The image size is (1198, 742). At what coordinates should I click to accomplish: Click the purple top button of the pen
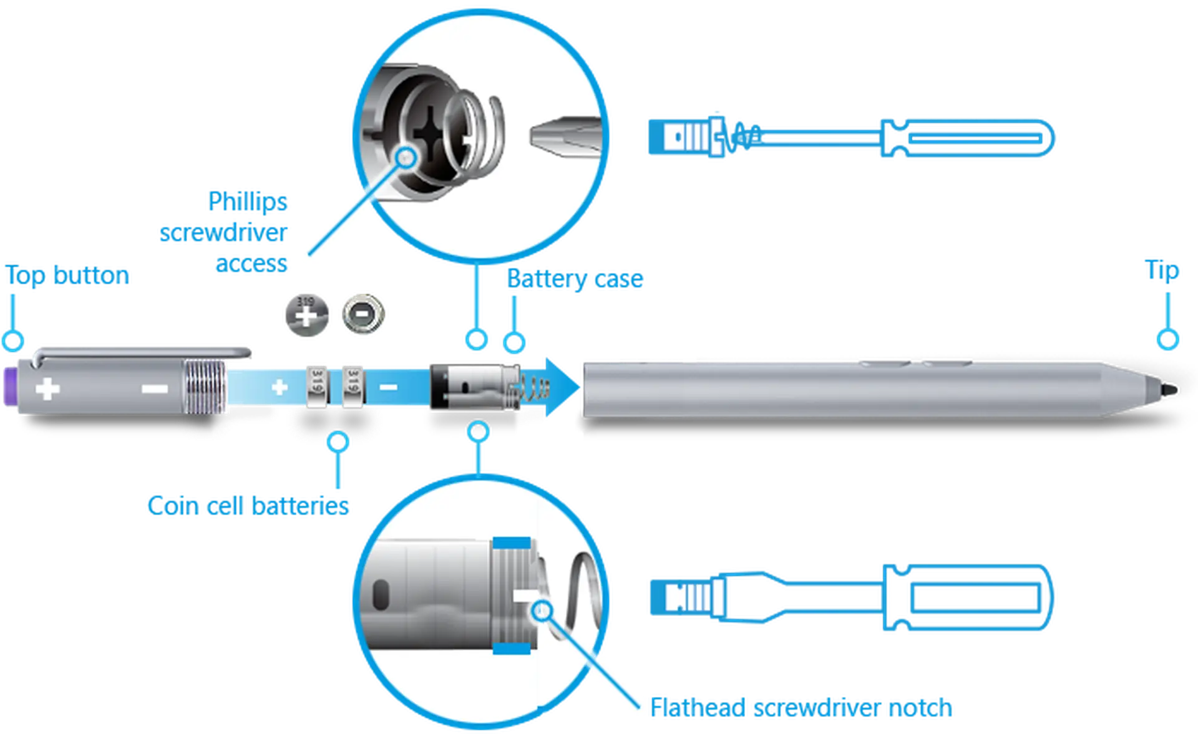coord(10,390)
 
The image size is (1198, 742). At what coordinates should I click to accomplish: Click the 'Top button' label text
coord(67,276)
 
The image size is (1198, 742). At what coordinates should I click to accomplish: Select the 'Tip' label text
coord(1162,271)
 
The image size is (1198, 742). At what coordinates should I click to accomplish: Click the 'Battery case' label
coord(575,280)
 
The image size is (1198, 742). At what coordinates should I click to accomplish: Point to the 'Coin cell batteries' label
coord(248,505)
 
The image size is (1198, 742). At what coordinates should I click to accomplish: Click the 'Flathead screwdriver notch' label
coord(802,708)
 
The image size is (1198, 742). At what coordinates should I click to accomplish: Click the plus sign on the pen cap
coord(47,390)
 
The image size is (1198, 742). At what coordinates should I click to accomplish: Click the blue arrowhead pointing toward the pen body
coord(559,387)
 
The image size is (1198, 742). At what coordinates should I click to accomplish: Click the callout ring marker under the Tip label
coord(1166,339)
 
